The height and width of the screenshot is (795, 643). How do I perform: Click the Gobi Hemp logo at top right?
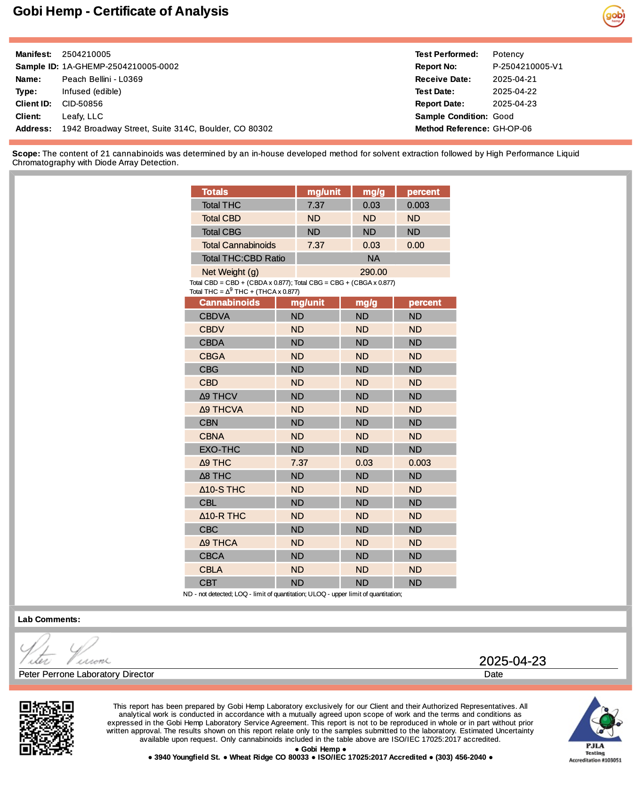[613, 16]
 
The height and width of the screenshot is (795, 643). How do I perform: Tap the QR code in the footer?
[46, 728]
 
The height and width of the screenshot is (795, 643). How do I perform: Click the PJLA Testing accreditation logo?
[595, 729]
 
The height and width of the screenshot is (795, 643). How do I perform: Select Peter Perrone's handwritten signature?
[64, 650]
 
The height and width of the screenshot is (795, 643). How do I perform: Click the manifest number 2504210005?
[86, 54]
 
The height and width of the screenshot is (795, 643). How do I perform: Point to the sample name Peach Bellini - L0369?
[102, 79]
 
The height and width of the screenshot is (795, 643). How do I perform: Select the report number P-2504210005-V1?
[527, 66]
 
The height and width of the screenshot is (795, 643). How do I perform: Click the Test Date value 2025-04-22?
[514, 91]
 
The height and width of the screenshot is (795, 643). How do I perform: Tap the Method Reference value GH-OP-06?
[512, 129]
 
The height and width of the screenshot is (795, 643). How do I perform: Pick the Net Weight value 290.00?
[373, 272]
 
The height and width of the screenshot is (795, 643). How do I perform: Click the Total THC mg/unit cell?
[316, 205]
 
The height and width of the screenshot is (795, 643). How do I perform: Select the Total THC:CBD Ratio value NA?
[373, 258]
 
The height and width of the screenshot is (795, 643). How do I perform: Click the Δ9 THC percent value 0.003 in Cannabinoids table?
[419, 462]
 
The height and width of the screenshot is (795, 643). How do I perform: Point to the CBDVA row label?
[214, 316]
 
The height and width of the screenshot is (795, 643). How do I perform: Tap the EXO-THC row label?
[219, 449]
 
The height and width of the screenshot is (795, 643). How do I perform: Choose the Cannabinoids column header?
[229, 302]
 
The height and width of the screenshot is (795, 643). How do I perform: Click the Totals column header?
[215, 192]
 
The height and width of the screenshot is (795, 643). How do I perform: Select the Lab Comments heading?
[49, 619]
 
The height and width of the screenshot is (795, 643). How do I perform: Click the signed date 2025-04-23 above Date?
[512, 661]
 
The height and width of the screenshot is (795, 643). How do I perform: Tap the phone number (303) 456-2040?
[460, 757]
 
